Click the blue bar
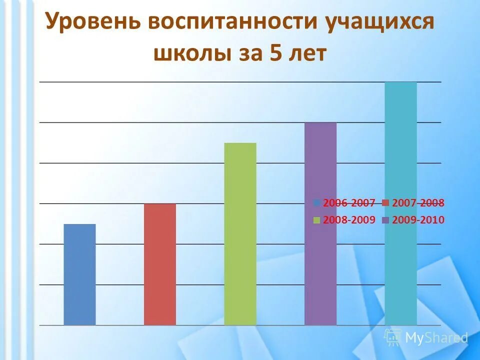click(x=79, y=274)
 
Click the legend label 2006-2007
click(x=349, y=203)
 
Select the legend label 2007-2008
click(x=418, y=203)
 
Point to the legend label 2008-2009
click(x=349, y=220)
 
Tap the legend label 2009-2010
click(x=418, y=220)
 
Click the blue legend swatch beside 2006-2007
click(x=317, y=203)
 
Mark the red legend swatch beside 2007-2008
click(x=385, y=203)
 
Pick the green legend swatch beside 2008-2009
click(x=317, y=220)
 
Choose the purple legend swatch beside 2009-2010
click(x=385, y=220)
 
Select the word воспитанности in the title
click(x=235, y=23)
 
